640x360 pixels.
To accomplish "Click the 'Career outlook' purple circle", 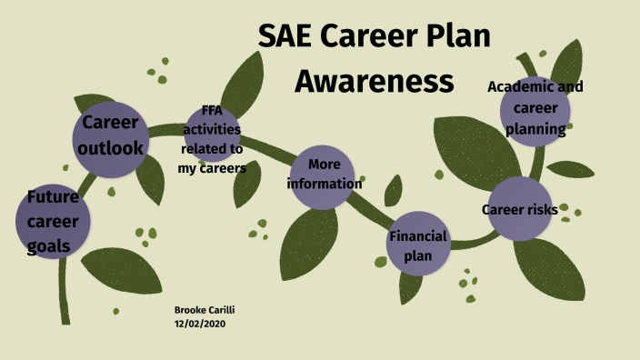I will pos(110,137).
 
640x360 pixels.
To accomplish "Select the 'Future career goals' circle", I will pos(53,221).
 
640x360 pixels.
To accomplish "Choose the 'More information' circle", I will pos(325,175).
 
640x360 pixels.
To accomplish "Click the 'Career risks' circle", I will pos(520,210).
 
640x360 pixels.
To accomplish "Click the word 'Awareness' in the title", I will pos(375,81).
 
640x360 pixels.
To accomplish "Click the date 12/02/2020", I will pos(198,323).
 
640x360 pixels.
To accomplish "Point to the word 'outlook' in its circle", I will pos(110,146).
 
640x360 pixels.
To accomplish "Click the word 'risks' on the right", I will pos(541,210).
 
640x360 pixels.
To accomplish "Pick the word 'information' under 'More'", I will pos(325,184).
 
